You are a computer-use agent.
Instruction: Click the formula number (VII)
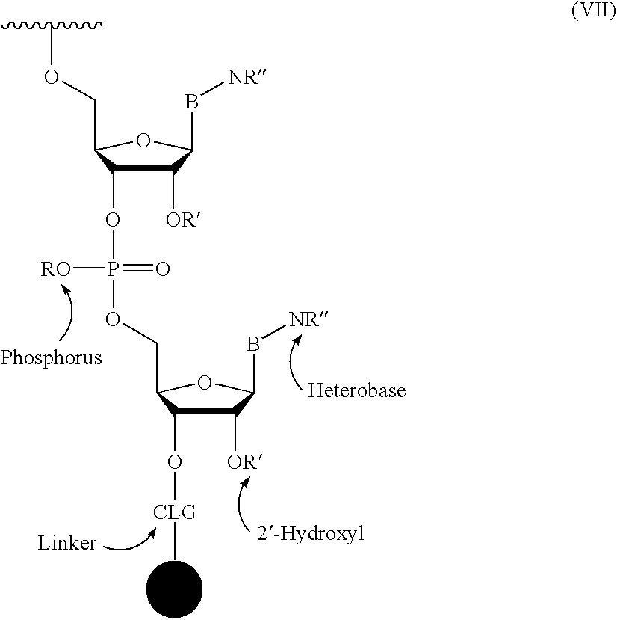pyautogui.click(x=593, y=10)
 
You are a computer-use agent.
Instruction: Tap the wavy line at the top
pyautogui.click(x=52, y=25)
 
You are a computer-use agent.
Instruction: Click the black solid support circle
pyautogui.click(x=174, y=589)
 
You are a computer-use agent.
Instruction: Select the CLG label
pyautogui.click(x=175, y=512)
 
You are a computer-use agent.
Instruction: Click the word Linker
pyautogui.click(x=67, y=543)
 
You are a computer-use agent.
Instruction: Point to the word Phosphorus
pyautogui.click(x=51, y=357)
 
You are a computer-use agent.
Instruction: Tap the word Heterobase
pyautogui.click(x=357, y=390)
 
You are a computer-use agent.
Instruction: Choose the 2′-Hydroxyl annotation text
pyautogui.click(x=311, y=534)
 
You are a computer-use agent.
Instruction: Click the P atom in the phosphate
pyautogui.click(x=113, y=269)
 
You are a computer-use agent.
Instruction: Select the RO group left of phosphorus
pyautogui.click(x=56, y=269)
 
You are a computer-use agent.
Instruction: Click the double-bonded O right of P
pyautogui.click(x=162, y=269)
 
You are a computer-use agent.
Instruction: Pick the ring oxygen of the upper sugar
pyautogui.click(x=143, y=141)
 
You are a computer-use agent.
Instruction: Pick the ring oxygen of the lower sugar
pyautogui.click(x=204, y=383)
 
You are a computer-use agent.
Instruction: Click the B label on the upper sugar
pyautogui.click(x=192, y=102)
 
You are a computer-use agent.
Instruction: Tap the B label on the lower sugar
pyautogui.click(x=253, y=344)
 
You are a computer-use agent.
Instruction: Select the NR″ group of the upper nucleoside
pyautogui.click(x=248, y=77)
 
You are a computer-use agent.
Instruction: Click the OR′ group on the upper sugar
pyautogui.click(x=182, y=220)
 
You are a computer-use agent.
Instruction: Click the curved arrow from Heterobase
pyautogui.click(x=291, y=360)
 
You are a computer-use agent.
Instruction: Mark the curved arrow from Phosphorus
pyautogui.click(x=71, y=313)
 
